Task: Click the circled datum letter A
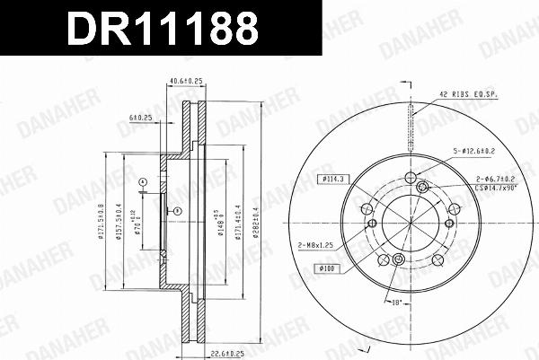pos(142,182)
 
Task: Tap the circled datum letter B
pos(177,211)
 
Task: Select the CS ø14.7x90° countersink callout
pos(495,189)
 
